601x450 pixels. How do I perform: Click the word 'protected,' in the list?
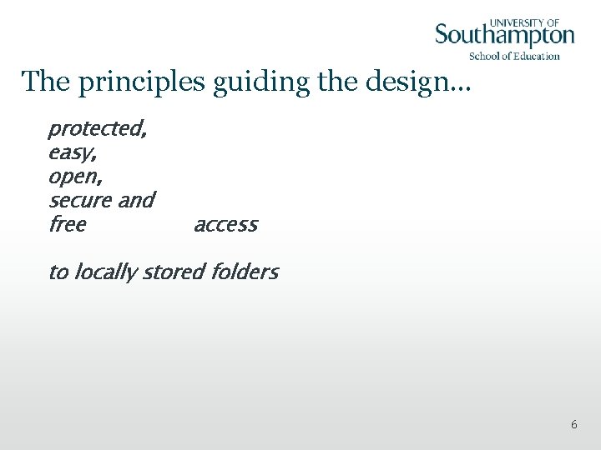(x=98, y=129)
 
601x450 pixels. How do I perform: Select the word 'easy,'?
(x=72, y=153)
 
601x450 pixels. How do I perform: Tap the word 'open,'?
(x=74, y=177)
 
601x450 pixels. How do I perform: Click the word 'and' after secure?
(x=136, y=201)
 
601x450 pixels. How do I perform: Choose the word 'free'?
(x=67, y=224)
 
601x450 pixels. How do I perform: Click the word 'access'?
(x=225, y=225)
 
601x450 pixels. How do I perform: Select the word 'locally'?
(x=106, y=272)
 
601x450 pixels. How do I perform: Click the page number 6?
(x=573, y=425)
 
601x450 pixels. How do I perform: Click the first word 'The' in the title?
(x=42, y=82)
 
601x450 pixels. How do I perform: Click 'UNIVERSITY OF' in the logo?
(x=524, y=22)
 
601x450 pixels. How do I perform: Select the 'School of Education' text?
(x=514, y=56)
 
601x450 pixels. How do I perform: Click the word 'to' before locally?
(x=58, y=272)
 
